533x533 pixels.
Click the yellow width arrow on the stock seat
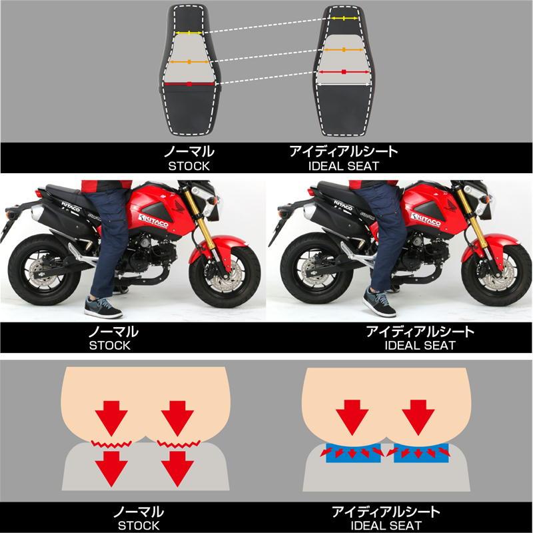189,33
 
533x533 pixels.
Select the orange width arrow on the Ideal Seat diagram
344,49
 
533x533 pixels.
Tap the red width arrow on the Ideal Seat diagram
344,72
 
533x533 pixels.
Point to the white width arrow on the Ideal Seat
344,84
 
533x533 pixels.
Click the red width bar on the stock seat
189,84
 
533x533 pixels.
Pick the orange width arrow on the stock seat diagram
189,62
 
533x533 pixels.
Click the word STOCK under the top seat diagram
189,166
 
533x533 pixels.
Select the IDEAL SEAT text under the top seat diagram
344,166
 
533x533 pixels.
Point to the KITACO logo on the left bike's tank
153,221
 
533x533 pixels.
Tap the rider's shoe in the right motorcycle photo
379,302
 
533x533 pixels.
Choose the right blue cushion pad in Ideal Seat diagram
421,453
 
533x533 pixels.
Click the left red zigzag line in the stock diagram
111,444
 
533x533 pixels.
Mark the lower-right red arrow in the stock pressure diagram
177,469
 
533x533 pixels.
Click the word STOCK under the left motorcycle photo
110,345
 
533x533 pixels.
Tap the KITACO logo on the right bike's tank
426,220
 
